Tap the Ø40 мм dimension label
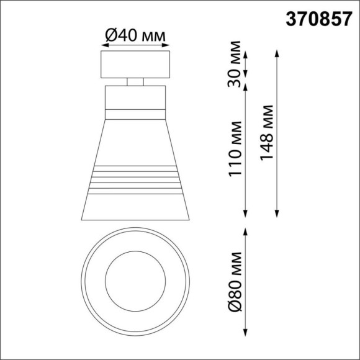(135, 37)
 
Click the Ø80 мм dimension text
(235, 281)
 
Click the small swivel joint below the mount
(135, 81)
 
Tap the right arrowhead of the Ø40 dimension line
(168, 48)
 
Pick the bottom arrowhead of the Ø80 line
(247, 330)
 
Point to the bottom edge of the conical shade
(135, 220)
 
